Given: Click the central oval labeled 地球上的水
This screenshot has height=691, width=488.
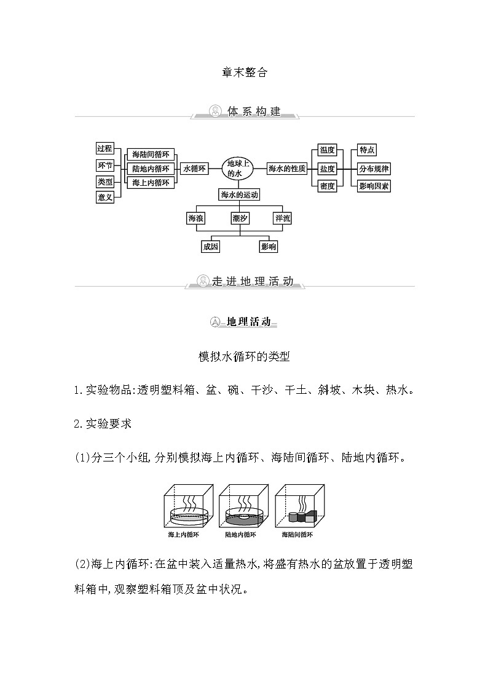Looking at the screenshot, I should coord(235,169).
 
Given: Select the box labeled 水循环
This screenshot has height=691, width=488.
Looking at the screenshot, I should coord(194,169).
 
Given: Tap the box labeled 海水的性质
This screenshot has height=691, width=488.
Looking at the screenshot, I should coord(287,169).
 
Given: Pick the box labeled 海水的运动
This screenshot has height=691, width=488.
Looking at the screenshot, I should coord(239,195).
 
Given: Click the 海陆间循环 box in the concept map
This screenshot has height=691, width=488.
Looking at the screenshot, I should coord(151,154).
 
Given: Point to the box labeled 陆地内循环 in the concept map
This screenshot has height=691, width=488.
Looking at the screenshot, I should coord(151,169).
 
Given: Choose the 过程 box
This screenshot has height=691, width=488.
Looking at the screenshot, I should coord(104,148).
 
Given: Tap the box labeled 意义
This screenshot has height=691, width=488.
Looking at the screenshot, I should coord(104,197).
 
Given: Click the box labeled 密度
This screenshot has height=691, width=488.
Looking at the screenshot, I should coord(327,186).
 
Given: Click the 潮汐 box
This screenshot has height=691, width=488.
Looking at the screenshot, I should coord(240,218).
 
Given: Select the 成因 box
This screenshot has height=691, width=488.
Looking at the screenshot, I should coord(210,247).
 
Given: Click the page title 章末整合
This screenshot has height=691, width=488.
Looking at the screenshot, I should coord(244,72).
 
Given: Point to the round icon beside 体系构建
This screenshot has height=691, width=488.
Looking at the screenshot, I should coord(216,111).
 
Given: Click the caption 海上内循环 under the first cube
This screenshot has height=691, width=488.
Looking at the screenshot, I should coord(183,535).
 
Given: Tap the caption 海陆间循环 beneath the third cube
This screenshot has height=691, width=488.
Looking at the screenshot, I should coord(297,535).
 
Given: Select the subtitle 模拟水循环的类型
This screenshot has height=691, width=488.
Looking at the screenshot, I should coord(244,357).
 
